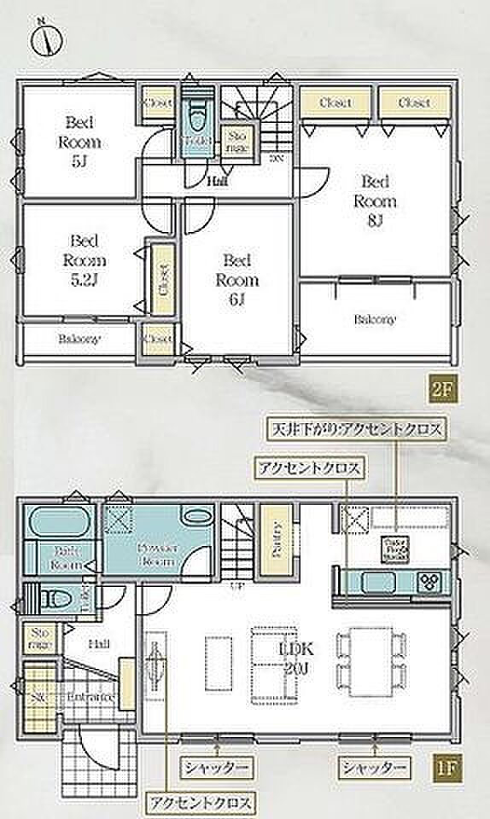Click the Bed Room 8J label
coord(377,202)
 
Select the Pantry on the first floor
coord(276,543)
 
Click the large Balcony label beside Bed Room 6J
coord(376,319)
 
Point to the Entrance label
coord(91,696)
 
